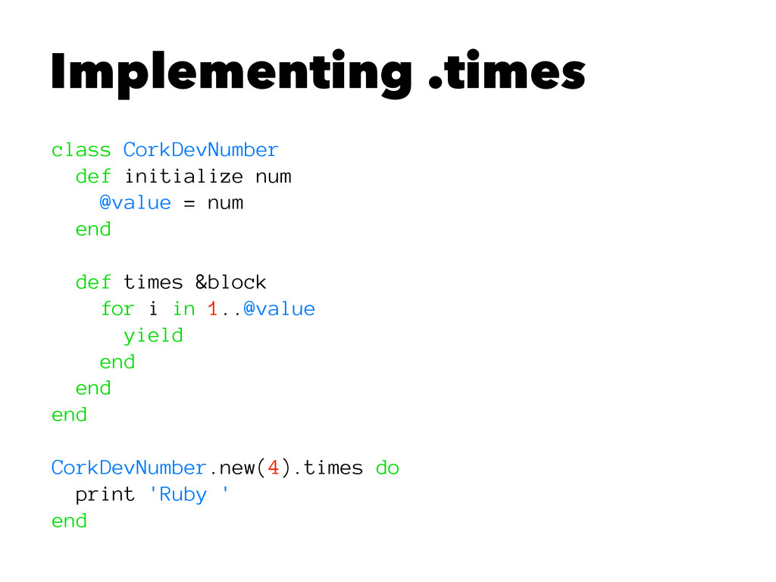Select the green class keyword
click(81, 150)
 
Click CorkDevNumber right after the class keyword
click(200, 150)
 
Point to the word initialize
click(183, 177)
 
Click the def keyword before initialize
click(92, 177)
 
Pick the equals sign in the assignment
click(188, 203)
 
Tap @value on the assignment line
click(134, 203)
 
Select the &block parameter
click(230, 283)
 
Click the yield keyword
click(153, 336)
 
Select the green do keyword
click(386, 468)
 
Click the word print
click(105, 495)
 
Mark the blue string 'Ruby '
click(188, 495)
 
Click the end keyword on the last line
click(69, 521)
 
